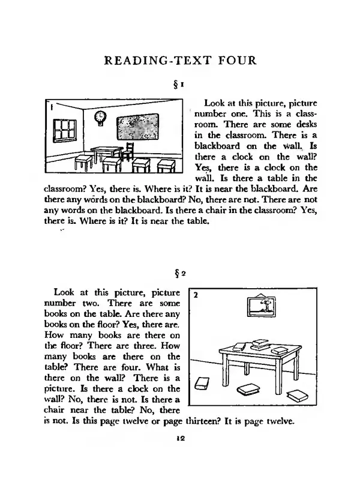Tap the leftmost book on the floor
point(202,384)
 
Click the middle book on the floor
point(248,390)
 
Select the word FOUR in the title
point(235,60)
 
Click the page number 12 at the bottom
point(179,439)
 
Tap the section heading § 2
point(179,273)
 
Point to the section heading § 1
point(179,82)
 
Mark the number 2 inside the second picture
point(196,295)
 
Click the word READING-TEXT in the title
point(154,60)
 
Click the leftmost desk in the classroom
point(83,162)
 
